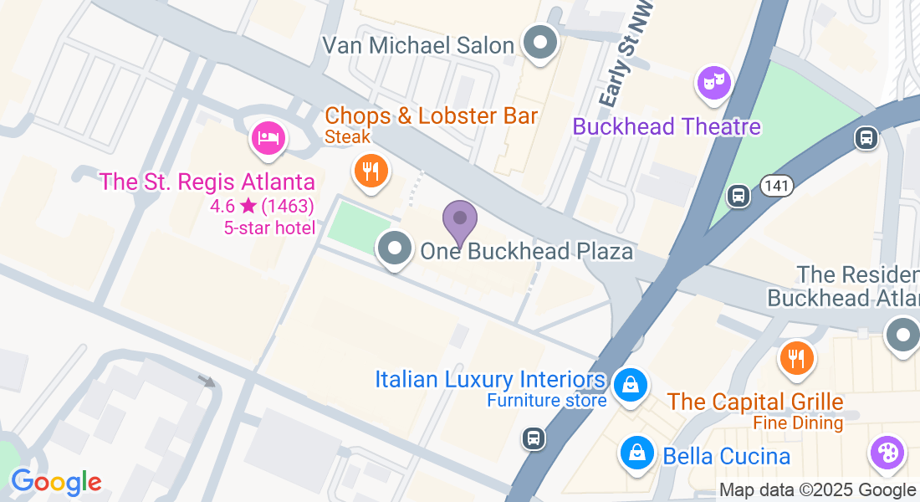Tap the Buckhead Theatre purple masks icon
[x=713, y=83]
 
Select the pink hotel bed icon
[x=268, y=136]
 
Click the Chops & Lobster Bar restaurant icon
[x=369, y=171]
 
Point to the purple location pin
[x=459, y=219]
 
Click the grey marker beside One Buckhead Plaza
[x=394, y=248]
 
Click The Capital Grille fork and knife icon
[x=795, y=358]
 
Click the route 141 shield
[x=777, y=187]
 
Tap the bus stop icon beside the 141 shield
[x=738, y=195]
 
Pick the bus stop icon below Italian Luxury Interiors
[x=532, y=437]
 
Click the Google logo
[x=56, y=481]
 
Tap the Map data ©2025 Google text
[x=817, y=490]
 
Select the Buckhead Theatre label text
[x=667, y=126]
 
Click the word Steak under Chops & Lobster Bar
[x=347, y=136]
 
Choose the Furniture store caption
[x=547, y=401]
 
